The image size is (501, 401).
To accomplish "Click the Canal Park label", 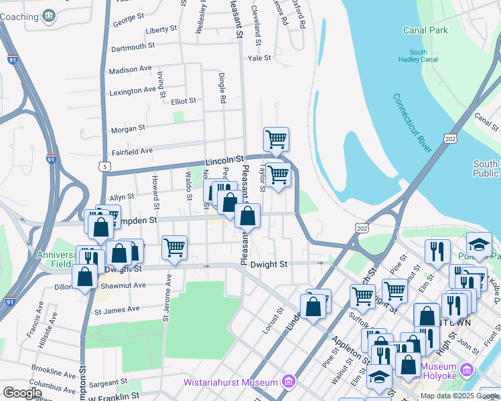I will pyautogui.click(x=425, y=30).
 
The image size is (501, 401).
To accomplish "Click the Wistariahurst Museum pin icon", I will pyautogui.click(x=289, y=382).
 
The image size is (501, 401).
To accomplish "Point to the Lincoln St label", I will pyautogui.click(x=224, y=161).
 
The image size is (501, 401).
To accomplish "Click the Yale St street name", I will pyautogui.click(x=259, y=58).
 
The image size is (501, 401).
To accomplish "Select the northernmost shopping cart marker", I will pyautogui.click(x=276, y=139).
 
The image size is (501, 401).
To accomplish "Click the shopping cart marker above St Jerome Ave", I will pyautogui.click(x=174, y=247).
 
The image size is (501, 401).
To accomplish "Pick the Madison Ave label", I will pyautogui.click(x=130, y=69).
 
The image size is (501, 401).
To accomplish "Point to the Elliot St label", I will pyautogui.click(x=183, y=101).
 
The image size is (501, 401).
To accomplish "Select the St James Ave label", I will pyautogui.click(x=117, y=309).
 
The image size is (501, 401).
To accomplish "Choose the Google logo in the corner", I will pyautogui.click(x=22, y=393).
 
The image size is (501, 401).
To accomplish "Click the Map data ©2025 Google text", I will pyautogui.click(x=459, y=396).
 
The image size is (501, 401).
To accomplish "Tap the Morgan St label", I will pyautogui.click(x=128, y=128).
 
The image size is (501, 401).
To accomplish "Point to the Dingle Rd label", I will pyautogui.click(x=220, y=88).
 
